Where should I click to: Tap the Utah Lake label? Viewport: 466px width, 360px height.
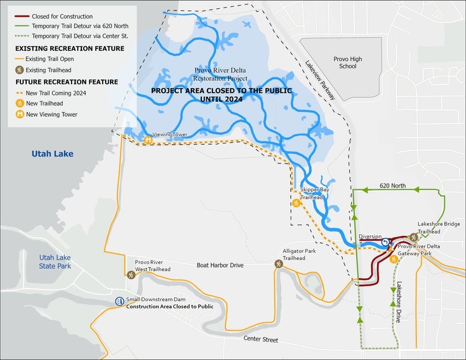[x=53, y=153]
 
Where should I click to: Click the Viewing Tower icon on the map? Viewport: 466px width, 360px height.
[x=148, y=141]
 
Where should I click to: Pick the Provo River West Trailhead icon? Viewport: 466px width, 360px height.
[x=130, y=274]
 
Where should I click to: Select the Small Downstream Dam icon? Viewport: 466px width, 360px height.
[x=119, y=301]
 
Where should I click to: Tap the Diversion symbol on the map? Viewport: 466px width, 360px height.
[x=385, y=243]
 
